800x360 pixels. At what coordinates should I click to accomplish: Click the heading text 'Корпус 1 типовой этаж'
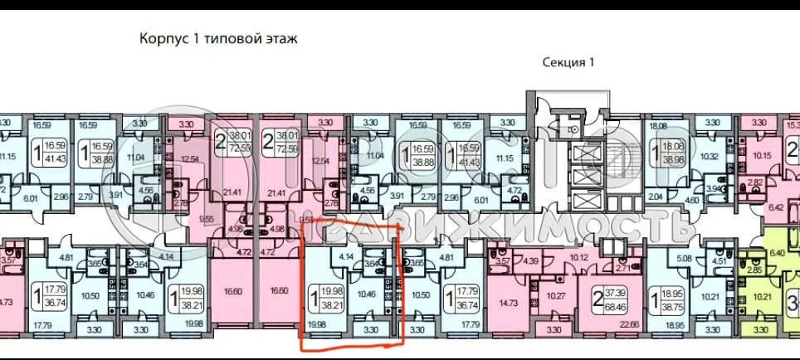click(217, 38)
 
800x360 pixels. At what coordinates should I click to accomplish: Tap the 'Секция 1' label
click(568, 62)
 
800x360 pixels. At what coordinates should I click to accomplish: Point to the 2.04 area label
click(656, 196)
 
